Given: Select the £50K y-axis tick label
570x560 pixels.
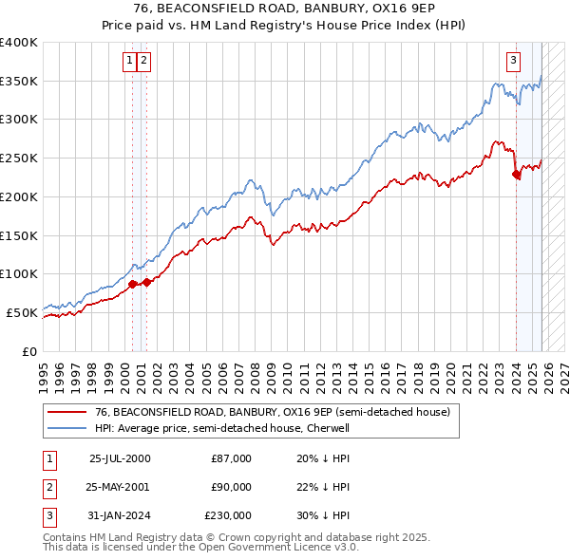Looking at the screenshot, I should [23, 311].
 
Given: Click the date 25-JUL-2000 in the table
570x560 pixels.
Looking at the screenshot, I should [120, 458].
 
